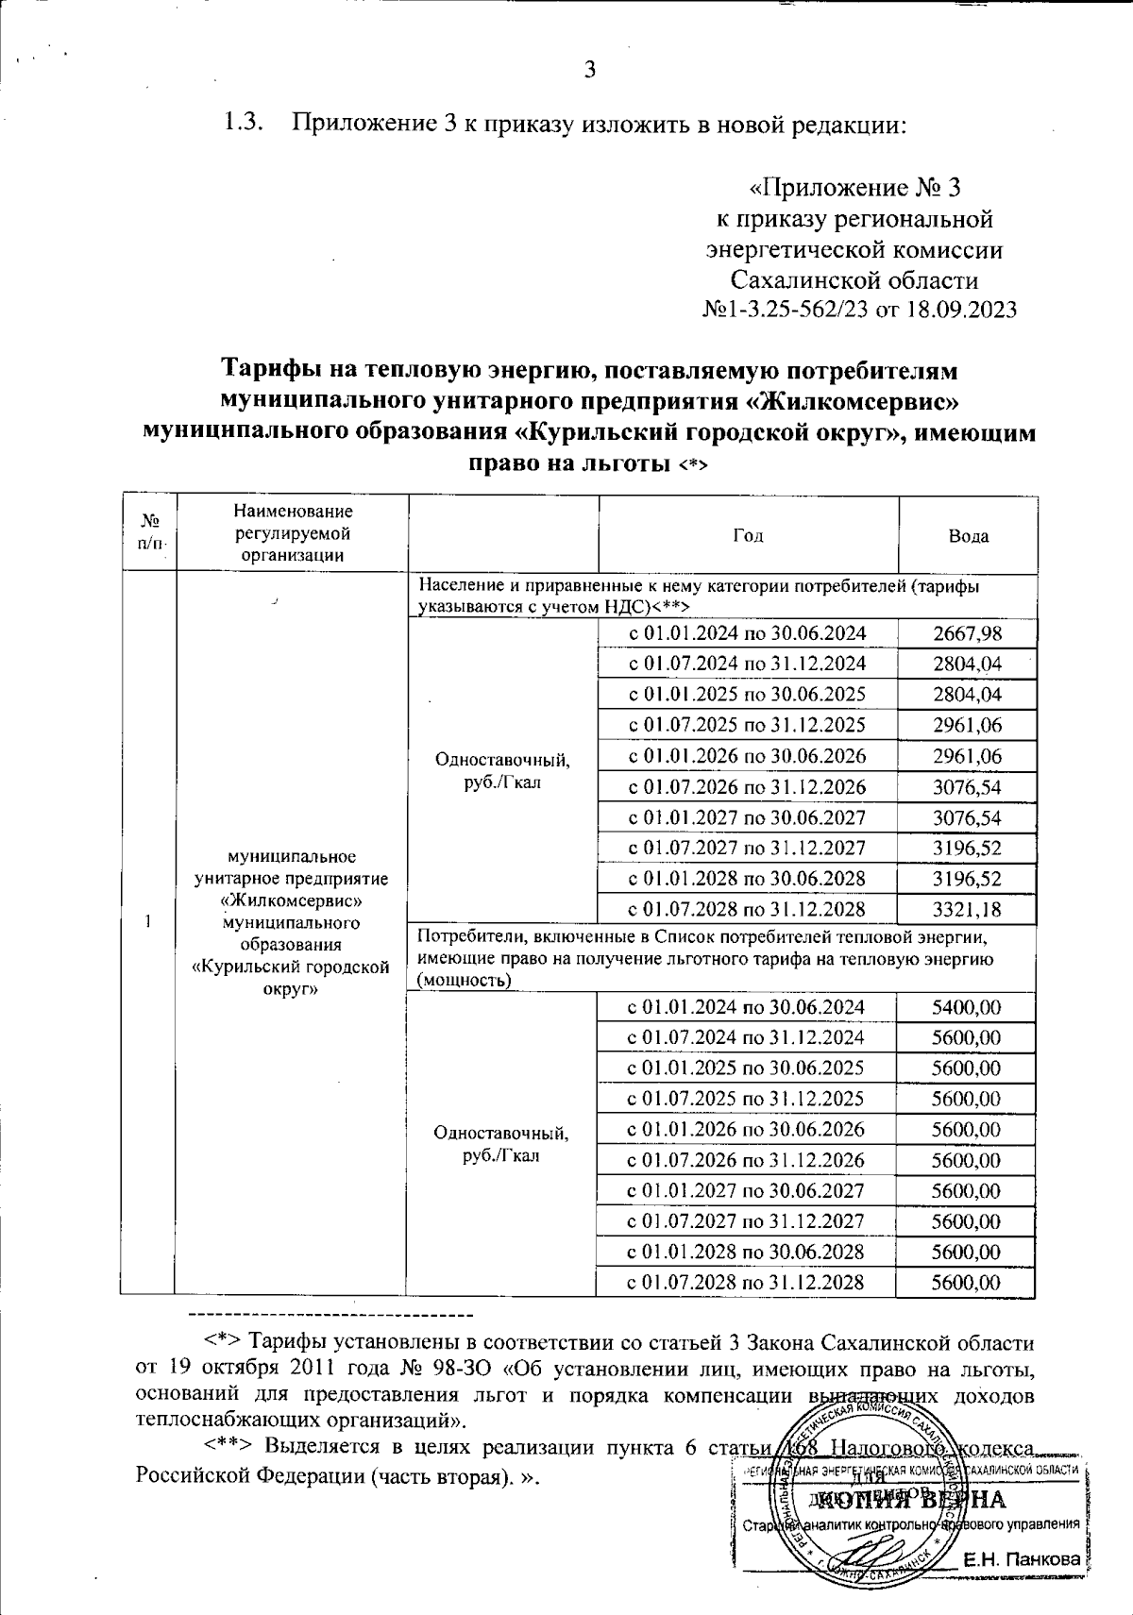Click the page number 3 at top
[x=591, y=69]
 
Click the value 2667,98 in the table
[x=966, y=633]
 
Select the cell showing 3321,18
[x=966, y=909]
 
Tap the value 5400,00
[x=966, y=1007]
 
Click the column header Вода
[x=968, y=535]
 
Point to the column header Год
[x=747, y=535]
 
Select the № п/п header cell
[x=148, y=533]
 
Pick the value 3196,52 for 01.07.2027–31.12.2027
[x=966, y=848]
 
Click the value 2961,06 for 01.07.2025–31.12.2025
[x=966, y=725]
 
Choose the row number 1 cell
[x=148, y=922]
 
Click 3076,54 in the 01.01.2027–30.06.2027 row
[x=966, y=817]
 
